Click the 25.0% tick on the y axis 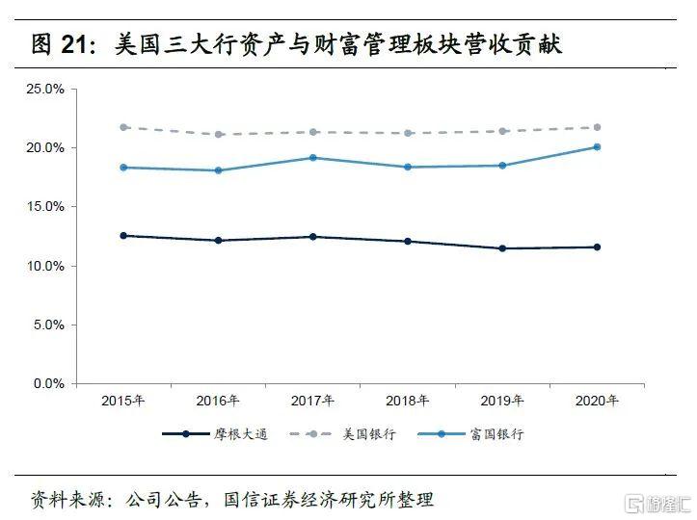click(x=44, y=89)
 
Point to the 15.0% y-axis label click(x=44, y=207)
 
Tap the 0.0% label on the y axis click(x=47, y=384)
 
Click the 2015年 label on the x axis click(x=124, y=401)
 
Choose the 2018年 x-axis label click(x=408, y=401)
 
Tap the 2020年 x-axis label click(x=597, y=401)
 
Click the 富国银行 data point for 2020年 click(x=597, y=147)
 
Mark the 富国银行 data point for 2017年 click(x=313, y=157)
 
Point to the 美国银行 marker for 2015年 click(x=124, y=127)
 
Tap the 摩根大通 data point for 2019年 click(x=502, y=248)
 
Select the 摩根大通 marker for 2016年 click(x=219, y=241)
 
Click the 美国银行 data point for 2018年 click(x=408, y=133)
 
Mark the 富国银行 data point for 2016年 click(x=219, y=170)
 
